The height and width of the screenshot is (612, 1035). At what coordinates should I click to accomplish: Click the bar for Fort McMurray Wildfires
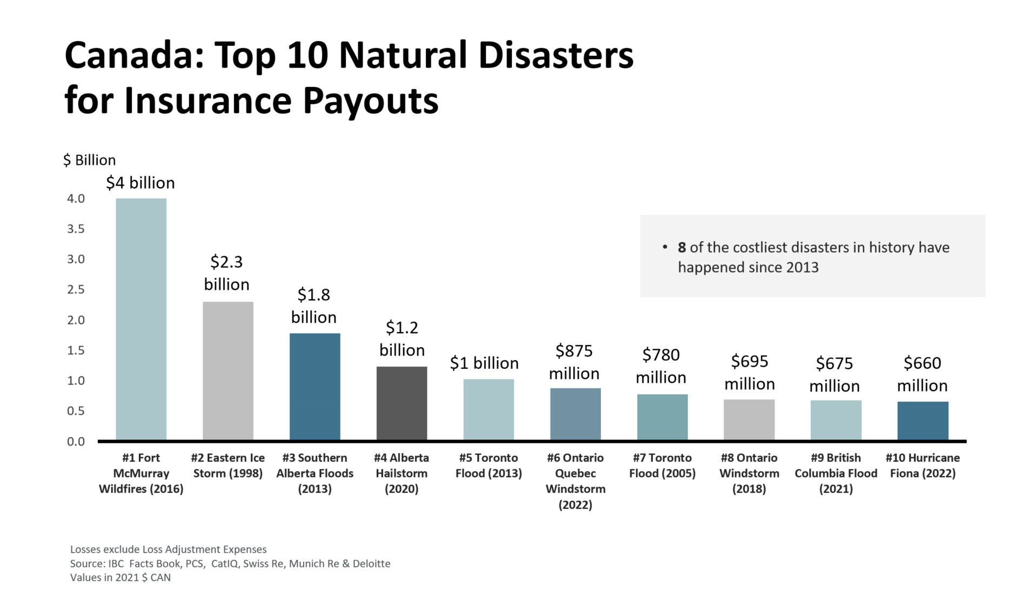pyautogui.click(x=141, y=319)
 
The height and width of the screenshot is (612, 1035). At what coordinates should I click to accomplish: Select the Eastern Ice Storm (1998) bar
pyautogui.click(x=228, y=371)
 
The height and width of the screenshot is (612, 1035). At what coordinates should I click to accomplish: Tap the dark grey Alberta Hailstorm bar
pyautogui.click(x=402, y=403)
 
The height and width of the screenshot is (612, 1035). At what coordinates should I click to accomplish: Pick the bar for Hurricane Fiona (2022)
pyautogui.click(x=923, y=421)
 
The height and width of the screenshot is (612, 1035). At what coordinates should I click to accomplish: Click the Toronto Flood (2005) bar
pyautogui.click(x=662, y=417)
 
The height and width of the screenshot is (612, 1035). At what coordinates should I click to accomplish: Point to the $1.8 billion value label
pyautogui.click(x=313, y=306)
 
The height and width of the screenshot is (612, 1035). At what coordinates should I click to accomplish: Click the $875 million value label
pyautogui.click(x=574, y=362)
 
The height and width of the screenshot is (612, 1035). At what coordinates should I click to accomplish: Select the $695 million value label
pyautogui.click(x=749, y=372)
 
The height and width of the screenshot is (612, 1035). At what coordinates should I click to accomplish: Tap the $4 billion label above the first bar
pyautogui.click(x=141, y=183)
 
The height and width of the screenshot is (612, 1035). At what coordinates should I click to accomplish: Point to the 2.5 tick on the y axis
pyautogui.click(x=76, y=289)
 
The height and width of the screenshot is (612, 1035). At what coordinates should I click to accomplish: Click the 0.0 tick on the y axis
pyautogui.click(x=76, y=442)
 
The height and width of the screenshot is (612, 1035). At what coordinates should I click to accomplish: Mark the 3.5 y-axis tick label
pyautogui.click(x=76, y=229)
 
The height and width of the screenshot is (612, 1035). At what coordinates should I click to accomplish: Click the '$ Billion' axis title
pyautogui.click(x=89, y=160)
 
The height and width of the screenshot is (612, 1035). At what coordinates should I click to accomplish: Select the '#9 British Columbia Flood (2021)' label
pyautogui.click(x=836, y=473)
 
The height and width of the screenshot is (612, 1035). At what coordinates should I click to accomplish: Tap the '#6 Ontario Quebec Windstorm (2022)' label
pyautogui.click(x=575, y=481)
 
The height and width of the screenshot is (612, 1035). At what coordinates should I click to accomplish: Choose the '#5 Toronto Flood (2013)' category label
pyautogui.click(x=489, y=465)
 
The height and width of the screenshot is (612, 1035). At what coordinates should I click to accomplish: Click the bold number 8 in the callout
pyautogui.click(x=682, y=248)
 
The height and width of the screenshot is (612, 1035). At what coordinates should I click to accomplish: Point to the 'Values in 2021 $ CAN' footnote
pyautogui.click(x=121, y=577)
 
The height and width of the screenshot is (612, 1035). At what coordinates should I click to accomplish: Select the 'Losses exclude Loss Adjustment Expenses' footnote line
pyautogui.click(x=168, y=549)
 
